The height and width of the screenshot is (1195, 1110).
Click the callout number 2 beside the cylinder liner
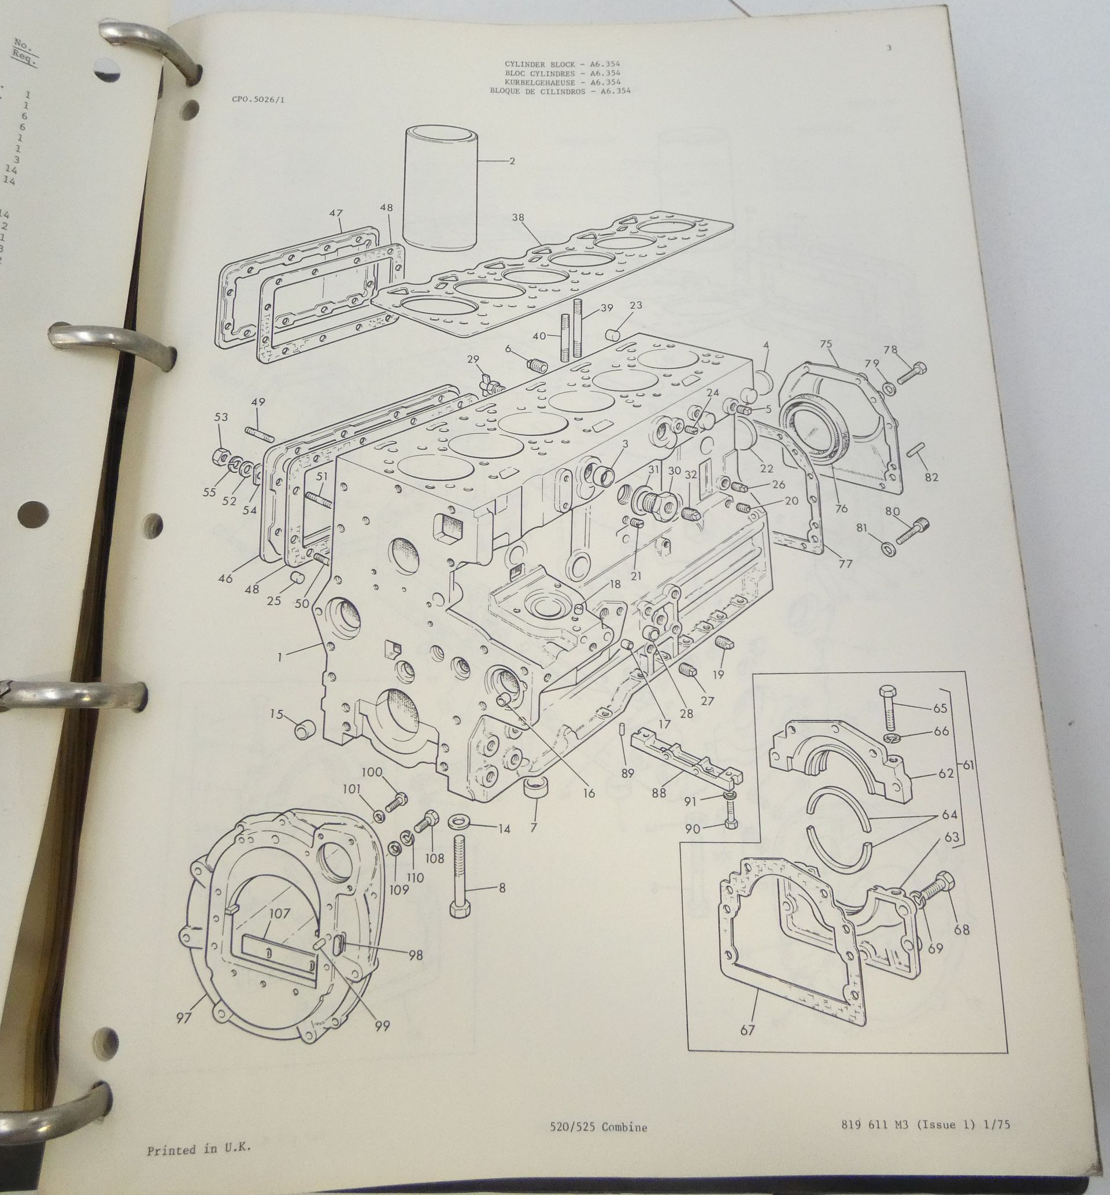[x=512, y=161]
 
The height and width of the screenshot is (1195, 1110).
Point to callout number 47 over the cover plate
[x=336, y=213]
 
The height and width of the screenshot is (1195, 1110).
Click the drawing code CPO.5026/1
[x=258, y=100]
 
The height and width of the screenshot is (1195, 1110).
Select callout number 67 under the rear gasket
[x=746, y=1030]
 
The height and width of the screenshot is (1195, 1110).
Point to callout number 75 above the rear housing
[x=826, y=344]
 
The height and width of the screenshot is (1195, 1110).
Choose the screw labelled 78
[x=912, y=373]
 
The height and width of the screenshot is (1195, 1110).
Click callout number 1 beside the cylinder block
[x=279, y=657]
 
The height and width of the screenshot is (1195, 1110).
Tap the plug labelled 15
[x=306, y=730]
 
